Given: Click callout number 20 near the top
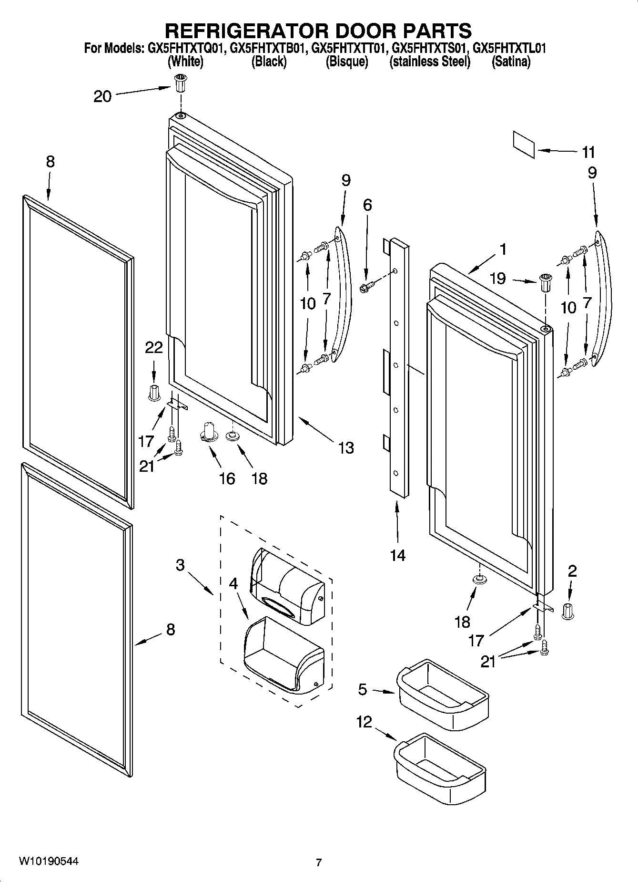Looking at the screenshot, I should click(102, 97).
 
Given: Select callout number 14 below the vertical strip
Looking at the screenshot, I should click(397, 555).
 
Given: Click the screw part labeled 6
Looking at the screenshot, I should click(367, 287).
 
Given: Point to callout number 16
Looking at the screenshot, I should click(227, 478).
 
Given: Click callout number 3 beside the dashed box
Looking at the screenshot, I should click(180, 565).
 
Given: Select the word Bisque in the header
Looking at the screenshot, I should click(346, 62).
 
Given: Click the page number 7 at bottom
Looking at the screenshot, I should click(319, 862).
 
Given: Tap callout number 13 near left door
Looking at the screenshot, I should click(346, 447).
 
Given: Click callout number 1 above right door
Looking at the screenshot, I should click(503, 249).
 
